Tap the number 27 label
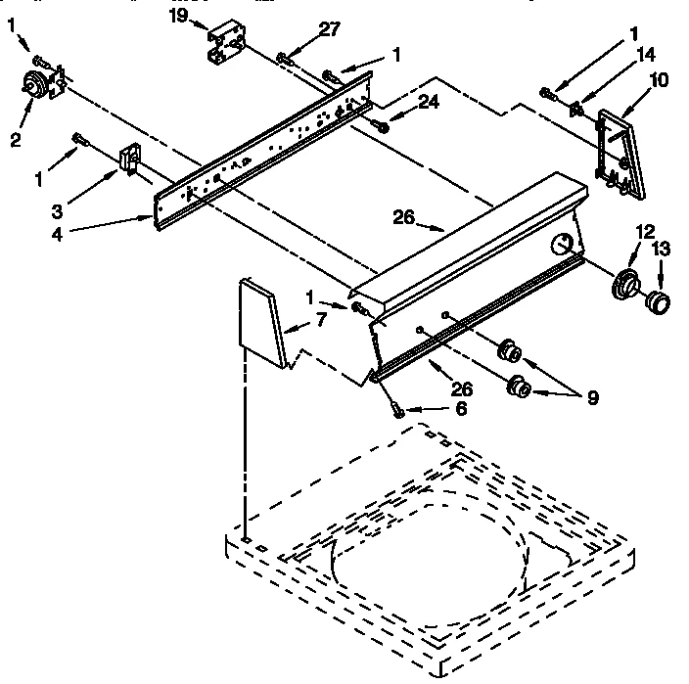coord(330,29)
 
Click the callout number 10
coord(660,80)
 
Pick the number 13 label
coord(662,250)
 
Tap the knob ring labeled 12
coord(622,285)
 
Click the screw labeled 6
coord(397,409)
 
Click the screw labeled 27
coord(285,61)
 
